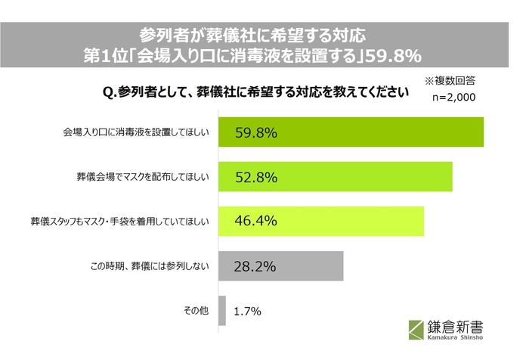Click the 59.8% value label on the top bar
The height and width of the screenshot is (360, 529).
click(255, 133)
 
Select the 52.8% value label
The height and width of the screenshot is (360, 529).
click(255, 177)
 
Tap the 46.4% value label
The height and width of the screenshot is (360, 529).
click(255, 221)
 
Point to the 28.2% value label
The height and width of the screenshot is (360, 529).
click(254, 265)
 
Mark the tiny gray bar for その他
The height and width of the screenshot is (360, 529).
click(222, 310)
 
